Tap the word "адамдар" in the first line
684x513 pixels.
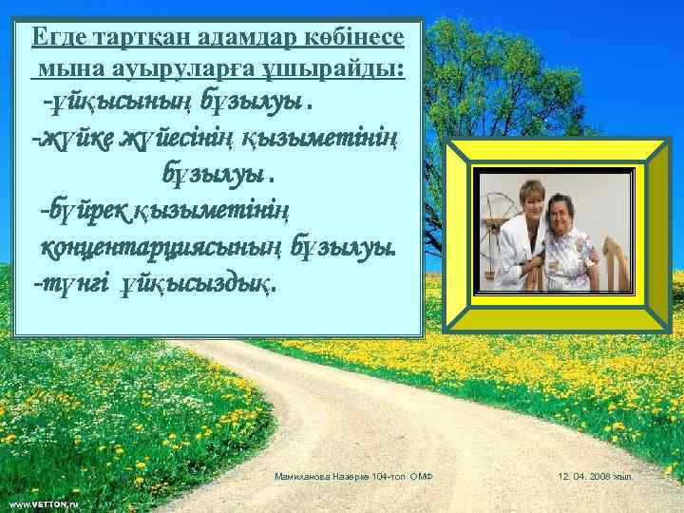coord(246,38)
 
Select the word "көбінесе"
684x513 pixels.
coord(356,38)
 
